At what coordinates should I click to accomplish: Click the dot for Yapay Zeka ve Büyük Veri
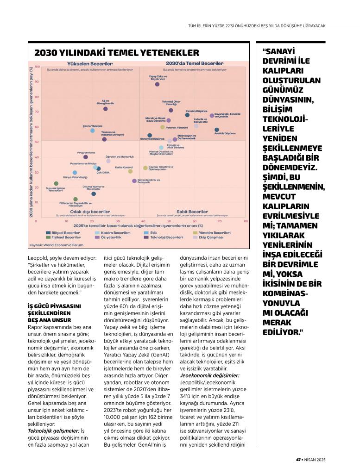pyautogui.click(x=157, y=84)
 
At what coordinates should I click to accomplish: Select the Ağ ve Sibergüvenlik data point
pyautogui.click(x=105, y=109)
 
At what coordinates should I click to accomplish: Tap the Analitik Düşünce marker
pyautogui.click(x=216, y=130)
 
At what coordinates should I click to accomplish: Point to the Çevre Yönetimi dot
pyautogui.click(x=93, y=131)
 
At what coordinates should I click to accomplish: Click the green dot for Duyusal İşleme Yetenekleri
pyautogui.click(x=56, y=184)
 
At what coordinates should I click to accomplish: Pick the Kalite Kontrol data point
pyautogui.click(x=130, y=171)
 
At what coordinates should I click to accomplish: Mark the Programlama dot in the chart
pyautogui.click(x=86, y=157)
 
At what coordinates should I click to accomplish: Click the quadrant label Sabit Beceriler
pyautogui.click(x=192, y=212)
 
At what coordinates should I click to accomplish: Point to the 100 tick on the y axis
pyautogui.click(x=37, y=67)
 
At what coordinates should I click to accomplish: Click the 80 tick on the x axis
pyautogui.click(x=246, y=221)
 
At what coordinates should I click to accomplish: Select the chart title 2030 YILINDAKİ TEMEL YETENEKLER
pyautogui.click(x=116, y=53)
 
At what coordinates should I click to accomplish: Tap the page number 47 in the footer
pyautogui.click(x=298, y=459)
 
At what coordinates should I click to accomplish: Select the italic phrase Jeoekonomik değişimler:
pyautogui.click(x=209, y=375)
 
